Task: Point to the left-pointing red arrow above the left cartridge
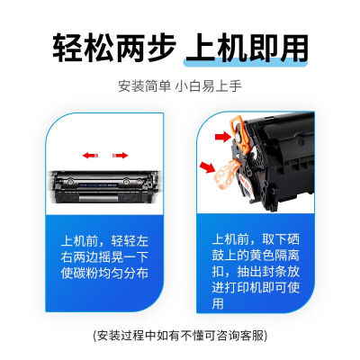click(91, 155)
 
